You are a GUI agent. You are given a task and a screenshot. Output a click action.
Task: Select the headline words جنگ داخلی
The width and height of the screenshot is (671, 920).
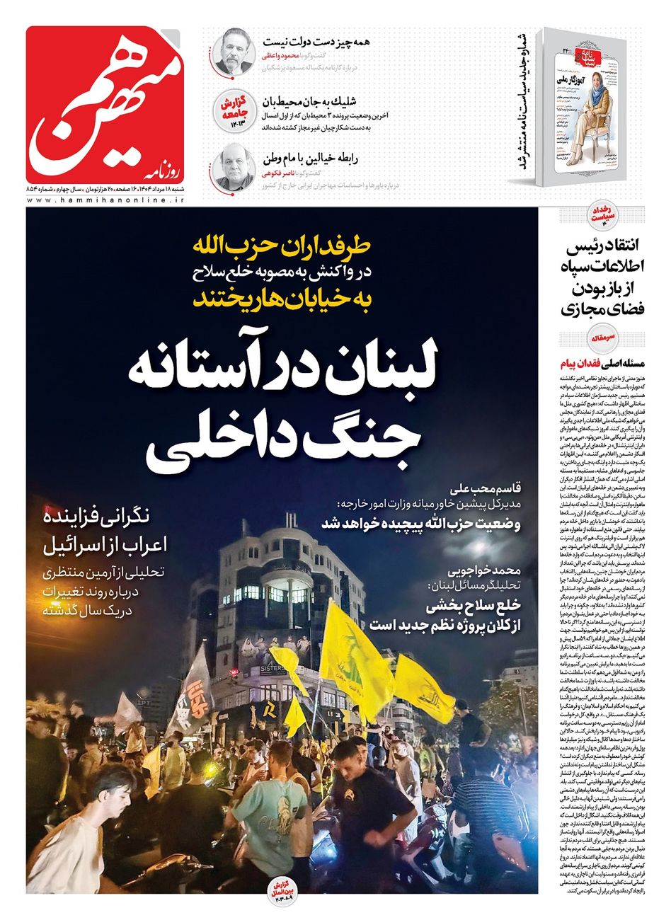point(283,443)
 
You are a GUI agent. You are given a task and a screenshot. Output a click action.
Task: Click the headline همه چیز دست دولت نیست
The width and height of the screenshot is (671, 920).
point(316,41)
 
